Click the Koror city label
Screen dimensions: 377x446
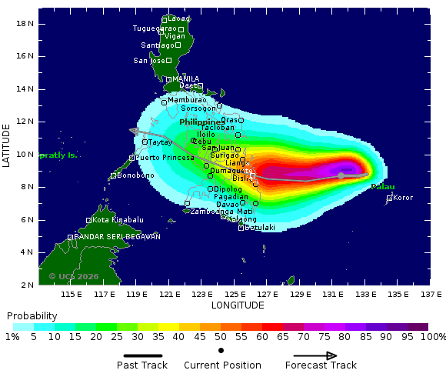(403, 198)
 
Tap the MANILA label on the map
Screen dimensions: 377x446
(185, 79)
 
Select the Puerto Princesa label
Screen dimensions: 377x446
(165, 158)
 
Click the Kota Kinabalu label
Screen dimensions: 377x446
(118, 220)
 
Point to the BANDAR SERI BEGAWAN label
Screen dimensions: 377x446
(117, 237)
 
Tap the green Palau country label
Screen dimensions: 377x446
(382, 187)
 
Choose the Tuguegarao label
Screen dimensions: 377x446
(155, 28)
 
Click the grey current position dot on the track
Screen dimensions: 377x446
(341, 175)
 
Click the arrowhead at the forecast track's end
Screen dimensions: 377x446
(133, 132)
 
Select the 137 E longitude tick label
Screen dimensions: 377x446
(432, 294)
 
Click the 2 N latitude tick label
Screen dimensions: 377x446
(27, 285)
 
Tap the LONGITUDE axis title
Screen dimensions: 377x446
(238, 305)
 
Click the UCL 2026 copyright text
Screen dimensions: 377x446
(74, 276)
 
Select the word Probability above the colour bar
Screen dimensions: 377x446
(32, 316)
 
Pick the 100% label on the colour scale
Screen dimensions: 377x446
(432, 337)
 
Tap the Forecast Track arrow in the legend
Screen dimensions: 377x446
(311, 355)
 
